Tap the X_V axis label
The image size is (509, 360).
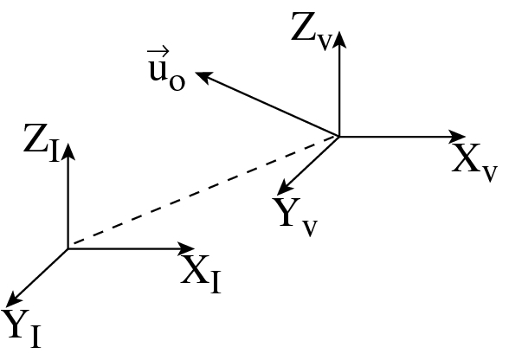click(x=474, y=161)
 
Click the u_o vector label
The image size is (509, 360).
click(x=166, y=76)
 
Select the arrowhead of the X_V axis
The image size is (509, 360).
click(x=460, y=136)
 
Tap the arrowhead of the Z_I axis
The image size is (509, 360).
click(x=68, y=148)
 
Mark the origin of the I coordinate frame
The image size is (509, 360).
click(x=68, y=249)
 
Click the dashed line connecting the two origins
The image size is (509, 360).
click(x=203, y=192)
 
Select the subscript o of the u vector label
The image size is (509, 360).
click(x=177, y=85)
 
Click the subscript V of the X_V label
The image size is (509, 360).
click(x=489, y=172)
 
